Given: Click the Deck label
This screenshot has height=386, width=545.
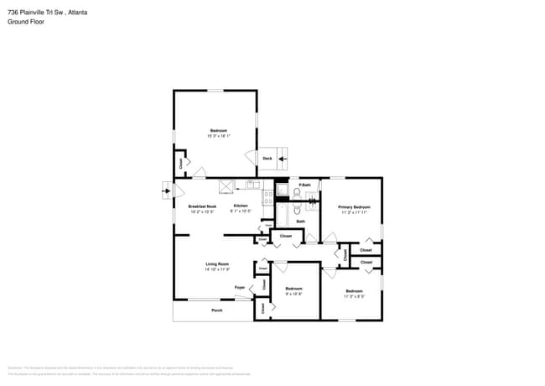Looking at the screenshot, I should point(267,158).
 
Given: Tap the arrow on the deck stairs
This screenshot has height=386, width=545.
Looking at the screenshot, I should point(283,158).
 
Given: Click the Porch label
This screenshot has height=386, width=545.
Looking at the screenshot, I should point(216,310).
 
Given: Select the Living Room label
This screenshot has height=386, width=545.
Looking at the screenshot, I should point(217,264).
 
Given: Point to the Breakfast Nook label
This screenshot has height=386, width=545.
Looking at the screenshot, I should point(190,206).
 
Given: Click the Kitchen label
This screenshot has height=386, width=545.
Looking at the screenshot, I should point(241,206).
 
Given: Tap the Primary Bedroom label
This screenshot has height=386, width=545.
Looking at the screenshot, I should point(355,206).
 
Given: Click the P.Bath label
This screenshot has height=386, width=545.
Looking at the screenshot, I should point(305,185).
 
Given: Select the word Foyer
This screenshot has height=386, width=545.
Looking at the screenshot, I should point(239,288).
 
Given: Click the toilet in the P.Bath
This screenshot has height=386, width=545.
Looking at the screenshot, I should point(297,192).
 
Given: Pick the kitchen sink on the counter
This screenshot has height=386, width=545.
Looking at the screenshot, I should point(252,185).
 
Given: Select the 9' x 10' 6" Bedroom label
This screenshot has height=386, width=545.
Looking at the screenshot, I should point(293,289).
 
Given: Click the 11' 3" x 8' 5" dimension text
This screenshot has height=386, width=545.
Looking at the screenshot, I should point(355,295).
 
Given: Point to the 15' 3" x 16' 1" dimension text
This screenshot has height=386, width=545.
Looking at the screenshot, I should point(219,136).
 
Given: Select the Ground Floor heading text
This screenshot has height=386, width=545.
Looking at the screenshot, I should point(25,23).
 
